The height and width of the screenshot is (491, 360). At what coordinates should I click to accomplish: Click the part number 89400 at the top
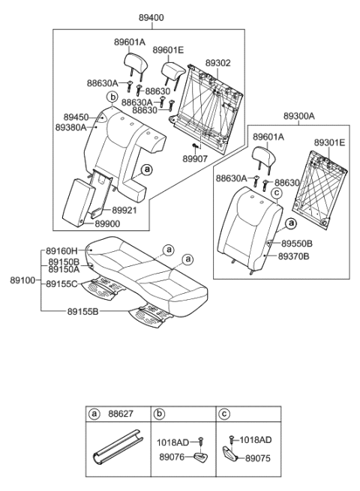coord(151,16)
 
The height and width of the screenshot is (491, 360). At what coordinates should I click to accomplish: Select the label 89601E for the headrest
coord(167,50)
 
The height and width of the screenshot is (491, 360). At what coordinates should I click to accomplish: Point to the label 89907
coord(196,158)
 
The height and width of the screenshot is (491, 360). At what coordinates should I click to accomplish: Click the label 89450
coord(76,118)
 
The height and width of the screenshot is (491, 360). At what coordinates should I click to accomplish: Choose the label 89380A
coord(72,127)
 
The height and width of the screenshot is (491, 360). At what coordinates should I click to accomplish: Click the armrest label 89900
coord(107,223)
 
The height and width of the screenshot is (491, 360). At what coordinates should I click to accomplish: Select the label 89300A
coord(298,116)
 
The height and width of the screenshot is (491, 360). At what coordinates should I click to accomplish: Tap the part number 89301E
coord(329,142)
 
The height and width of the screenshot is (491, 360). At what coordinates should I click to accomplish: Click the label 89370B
coord(294,256)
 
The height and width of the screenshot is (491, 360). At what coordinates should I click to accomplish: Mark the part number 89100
coord(22,280)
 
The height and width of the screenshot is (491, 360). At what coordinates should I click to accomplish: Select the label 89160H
coord(61,252)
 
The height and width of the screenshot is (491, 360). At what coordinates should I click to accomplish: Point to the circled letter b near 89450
coord(112,97)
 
